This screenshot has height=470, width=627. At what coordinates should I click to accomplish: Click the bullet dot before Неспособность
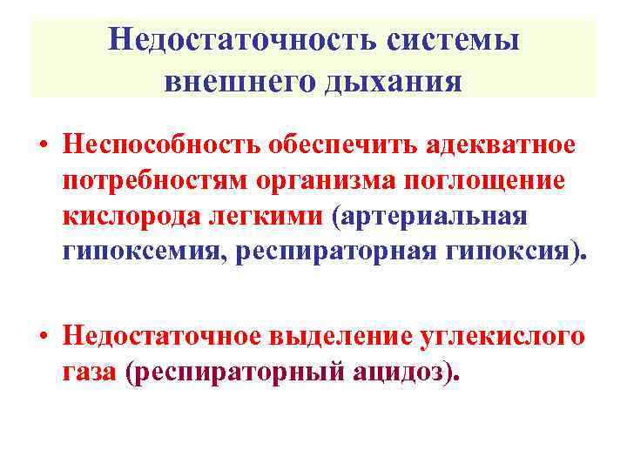coord(41,145)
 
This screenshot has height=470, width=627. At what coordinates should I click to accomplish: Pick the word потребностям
coord(153,181)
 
